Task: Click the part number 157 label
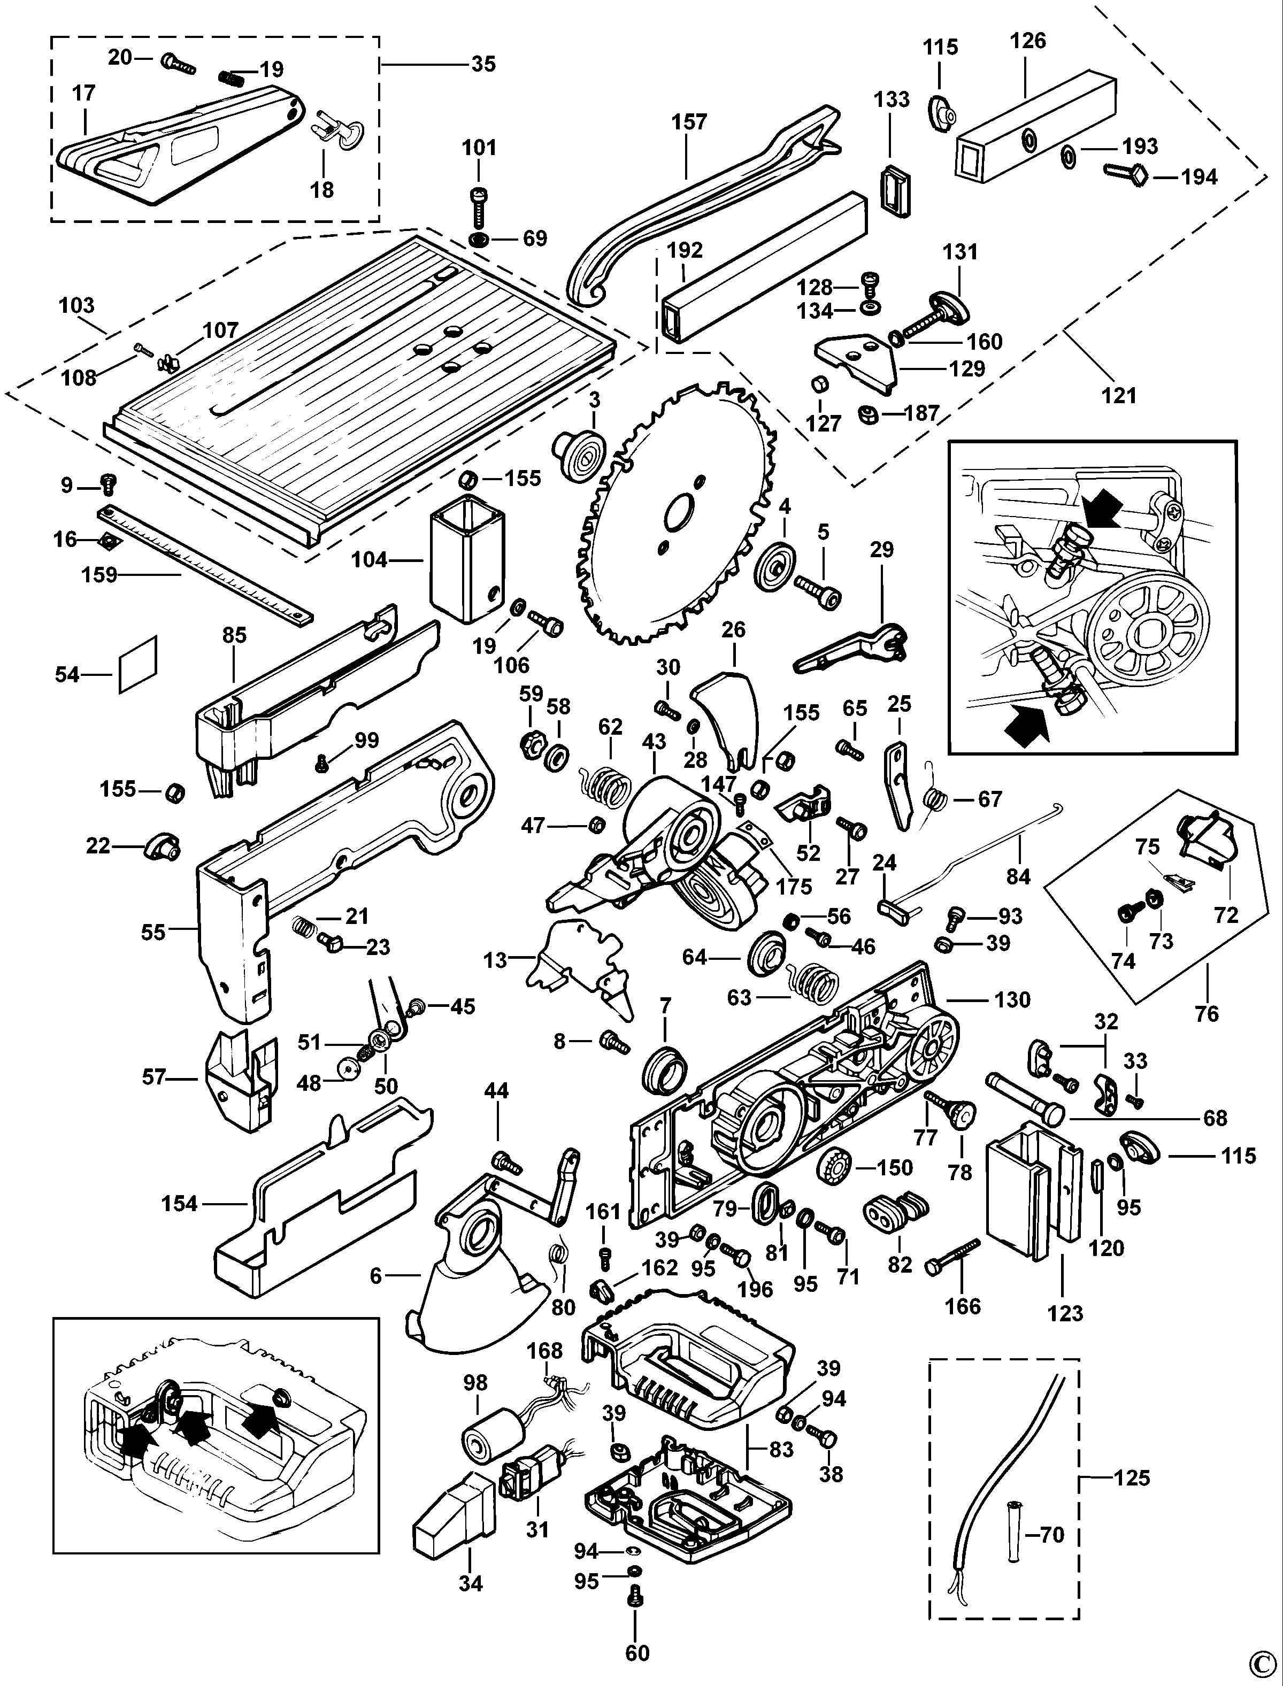tap(689, 122)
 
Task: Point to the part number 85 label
tap(234, 635)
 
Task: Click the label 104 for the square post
tap(370, 560)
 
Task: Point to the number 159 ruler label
tap(99, 574)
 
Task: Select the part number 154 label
tap(180, 1204)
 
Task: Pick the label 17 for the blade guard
tap(83, 93)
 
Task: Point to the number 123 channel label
tap(1065, 1313)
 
